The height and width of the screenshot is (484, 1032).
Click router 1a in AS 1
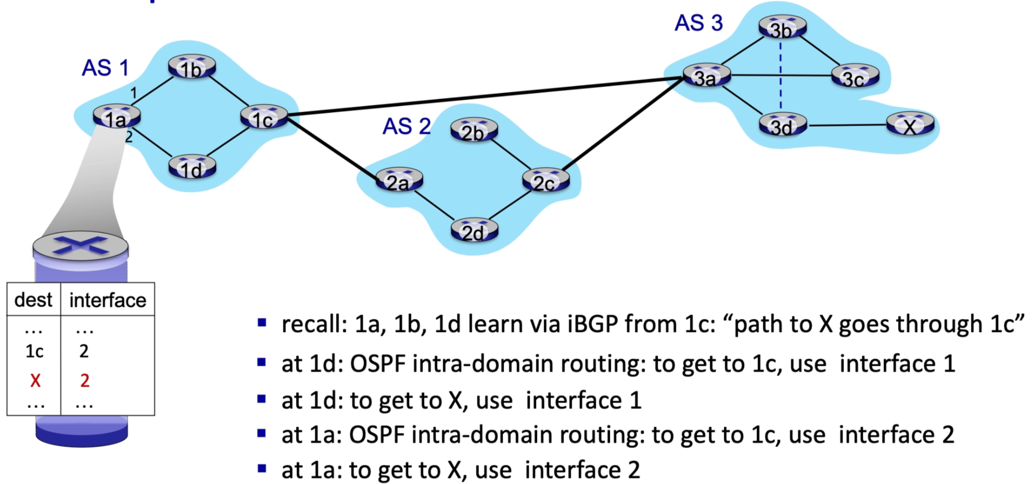coord(116,117)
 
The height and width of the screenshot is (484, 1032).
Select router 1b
coord(192,68)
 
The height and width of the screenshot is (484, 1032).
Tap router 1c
coord(264,118)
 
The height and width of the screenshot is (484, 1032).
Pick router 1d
coord(192,168)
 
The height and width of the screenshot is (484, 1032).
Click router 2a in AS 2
coord(399,180)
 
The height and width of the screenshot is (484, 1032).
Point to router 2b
coord(474,131)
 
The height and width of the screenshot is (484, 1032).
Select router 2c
coord(545,181)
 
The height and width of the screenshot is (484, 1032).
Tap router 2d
coord(474,231)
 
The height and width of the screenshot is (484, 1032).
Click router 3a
coord(706,77)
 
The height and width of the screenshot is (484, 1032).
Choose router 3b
coord(782,28)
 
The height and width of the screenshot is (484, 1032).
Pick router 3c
coord(855,77)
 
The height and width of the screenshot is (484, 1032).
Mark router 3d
coord(782,126)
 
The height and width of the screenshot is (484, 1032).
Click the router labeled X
coord(910,125)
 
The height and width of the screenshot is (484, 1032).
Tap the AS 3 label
coord(698,23)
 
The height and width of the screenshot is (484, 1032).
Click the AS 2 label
coord(406,126)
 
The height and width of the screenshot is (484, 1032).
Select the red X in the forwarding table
coord(35,380)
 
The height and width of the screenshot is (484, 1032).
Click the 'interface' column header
coord(107,300)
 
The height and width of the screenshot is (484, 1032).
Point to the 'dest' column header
coord(33,300)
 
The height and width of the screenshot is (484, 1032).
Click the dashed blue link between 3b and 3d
coord(781,78)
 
